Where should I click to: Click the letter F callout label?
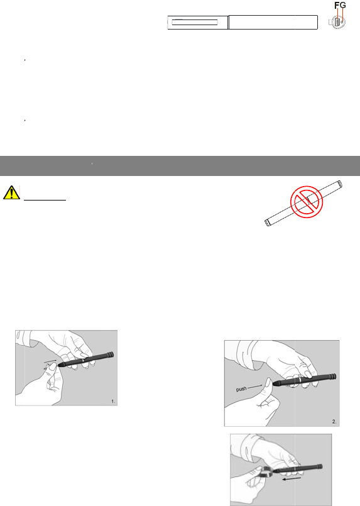tap(337, 5)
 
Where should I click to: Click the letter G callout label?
tap(342, 5)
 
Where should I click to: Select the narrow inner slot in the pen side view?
tap(195, 22)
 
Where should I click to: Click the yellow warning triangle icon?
tap(11, 192)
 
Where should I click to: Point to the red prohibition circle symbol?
tap(307, 202)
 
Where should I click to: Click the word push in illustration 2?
tap(241, 389)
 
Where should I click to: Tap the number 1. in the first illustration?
tap(113, 401)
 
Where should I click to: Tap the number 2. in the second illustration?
tap(334, 421)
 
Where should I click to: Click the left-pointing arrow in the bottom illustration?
tap(292, 479)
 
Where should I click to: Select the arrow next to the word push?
tap(255, 386)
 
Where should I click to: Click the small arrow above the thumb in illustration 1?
tap(50, 361)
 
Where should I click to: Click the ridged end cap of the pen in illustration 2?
tap(332, 377)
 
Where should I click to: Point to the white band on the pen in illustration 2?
tap(300, 380)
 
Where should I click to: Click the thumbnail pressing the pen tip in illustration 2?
tap(268, 383)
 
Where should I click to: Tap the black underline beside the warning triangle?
tap(45, 201)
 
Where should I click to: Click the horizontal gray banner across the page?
tap(180, 166)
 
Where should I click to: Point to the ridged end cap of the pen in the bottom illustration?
tap(319, 466)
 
